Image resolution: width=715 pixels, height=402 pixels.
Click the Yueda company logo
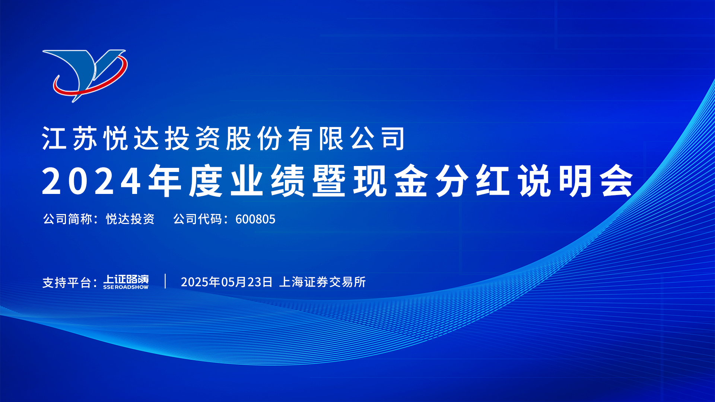tap(85, 76)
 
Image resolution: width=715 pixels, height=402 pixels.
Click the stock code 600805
tap(255, 219)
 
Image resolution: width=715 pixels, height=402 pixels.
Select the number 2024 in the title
tap(92, 181)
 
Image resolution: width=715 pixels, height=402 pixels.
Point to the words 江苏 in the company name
tap(70, 138)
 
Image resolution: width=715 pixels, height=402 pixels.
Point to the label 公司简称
tap(67, 219)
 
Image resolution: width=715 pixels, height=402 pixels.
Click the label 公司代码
tap(198, 219)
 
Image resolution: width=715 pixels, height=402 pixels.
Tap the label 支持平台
tap(67, 283)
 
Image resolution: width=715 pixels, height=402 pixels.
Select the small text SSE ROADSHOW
tap(126, 287)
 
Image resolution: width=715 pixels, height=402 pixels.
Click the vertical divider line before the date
tap(165, 281)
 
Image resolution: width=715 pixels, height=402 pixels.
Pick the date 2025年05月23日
tap(227, 282)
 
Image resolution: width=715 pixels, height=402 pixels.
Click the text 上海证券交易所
tap(322, 282)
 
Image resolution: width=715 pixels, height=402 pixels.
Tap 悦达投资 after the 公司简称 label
tap(130, 219)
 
